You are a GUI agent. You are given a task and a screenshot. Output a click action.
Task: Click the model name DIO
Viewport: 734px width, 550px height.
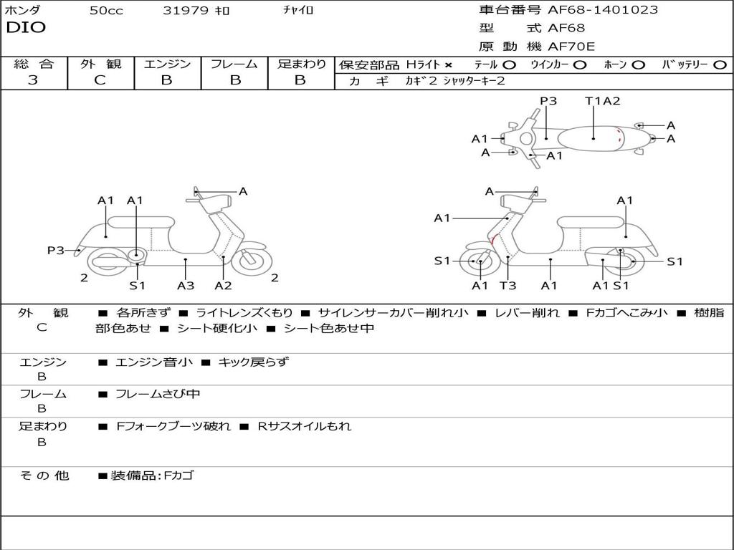26,27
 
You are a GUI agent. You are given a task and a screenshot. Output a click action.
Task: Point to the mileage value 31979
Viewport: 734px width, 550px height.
186,11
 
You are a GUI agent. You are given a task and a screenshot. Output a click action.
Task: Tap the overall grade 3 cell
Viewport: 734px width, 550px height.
33,80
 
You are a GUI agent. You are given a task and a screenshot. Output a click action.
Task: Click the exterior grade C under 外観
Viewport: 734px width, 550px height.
100,80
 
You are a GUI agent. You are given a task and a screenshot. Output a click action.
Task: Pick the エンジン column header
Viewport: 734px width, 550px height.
167,64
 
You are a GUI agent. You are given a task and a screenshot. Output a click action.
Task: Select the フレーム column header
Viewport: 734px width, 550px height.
234,64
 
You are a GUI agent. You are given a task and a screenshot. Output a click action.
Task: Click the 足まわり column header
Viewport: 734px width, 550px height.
301,64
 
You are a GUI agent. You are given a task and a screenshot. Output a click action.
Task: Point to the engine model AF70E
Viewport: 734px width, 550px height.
571,47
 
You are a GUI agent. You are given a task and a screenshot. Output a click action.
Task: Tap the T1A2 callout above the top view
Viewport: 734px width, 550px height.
602,101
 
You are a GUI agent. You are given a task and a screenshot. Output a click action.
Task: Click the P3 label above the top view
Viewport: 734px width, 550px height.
548,101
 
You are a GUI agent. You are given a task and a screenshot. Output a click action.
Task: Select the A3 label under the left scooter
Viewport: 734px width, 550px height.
186,286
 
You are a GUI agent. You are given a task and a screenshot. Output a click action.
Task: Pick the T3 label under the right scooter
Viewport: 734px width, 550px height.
507,286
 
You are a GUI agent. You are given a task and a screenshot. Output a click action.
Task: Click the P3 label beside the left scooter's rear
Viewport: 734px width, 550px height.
56,250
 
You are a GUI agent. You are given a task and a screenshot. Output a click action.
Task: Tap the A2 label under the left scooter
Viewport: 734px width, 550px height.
224,286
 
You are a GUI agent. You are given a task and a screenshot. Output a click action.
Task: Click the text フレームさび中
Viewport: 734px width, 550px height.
158,394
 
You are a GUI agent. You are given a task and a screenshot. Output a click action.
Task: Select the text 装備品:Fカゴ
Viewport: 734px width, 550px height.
151,476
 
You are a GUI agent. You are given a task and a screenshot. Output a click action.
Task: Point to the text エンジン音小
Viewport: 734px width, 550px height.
154,362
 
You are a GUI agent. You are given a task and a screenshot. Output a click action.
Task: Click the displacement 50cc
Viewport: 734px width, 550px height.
106,11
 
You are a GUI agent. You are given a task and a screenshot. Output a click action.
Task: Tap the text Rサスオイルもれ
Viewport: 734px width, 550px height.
305,426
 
